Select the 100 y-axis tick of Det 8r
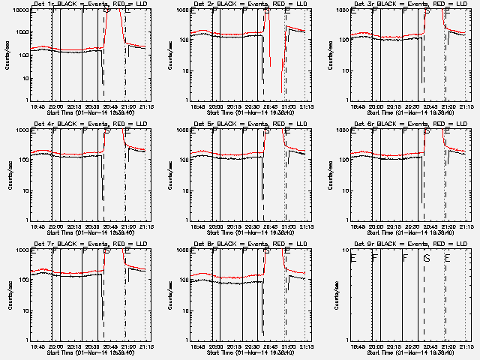click(x=182, y=280)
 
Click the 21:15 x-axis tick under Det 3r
click(x=466, y=106)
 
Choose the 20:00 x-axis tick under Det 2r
click(x=215, y=106)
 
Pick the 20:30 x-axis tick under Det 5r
click(x=250, y=226)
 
